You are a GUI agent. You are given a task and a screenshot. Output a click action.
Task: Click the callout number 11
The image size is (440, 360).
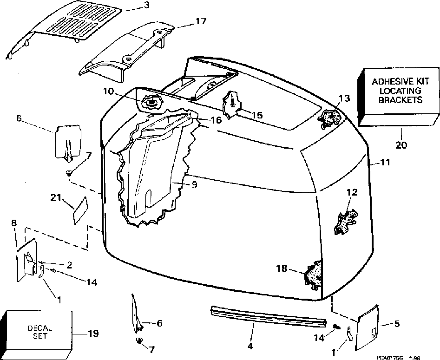385,163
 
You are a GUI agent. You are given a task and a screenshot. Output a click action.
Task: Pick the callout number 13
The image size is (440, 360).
344,98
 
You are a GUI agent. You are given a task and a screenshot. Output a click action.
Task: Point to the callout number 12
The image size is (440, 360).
352,192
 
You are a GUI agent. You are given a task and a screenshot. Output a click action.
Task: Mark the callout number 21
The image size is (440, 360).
56,199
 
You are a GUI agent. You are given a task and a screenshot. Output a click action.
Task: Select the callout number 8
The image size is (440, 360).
14,223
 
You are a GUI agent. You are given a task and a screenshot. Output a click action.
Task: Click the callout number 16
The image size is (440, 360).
215,120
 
